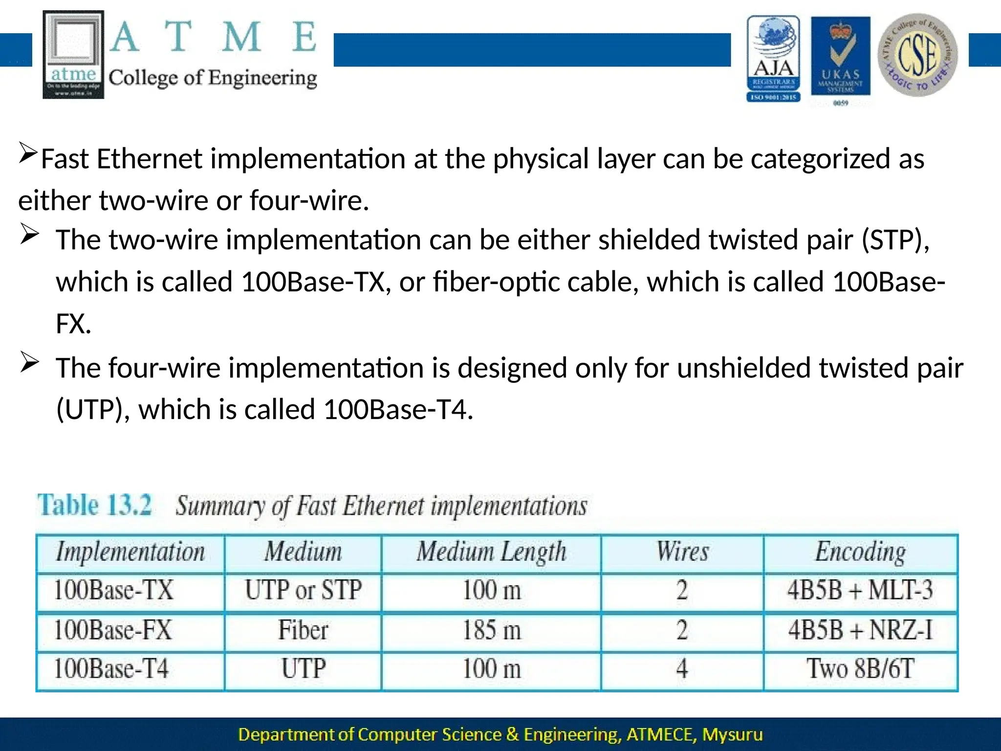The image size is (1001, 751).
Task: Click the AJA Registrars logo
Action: (x=773, y=59)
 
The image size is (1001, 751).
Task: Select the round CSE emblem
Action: (x=917, y=55)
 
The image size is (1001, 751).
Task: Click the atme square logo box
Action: (x=73, y=55)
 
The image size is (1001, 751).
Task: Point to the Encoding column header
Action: (x=860, y=552)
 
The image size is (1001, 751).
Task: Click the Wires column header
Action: (x=682, y=552)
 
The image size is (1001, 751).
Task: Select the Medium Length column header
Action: (x=491, y=552)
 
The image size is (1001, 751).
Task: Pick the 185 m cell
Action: (x=491, y=630)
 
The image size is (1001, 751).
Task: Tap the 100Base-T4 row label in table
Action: (x=111, y=669)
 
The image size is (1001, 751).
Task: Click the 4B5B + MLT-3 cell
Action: (x=860, y=590)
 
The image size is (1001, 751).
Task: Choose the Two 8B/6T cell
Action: (x=860, y=669)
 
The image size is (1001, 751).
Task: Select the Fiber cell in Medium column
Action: (x=303, y=630)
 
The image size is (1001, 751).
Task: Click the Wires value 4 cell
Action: (x=682, y=669)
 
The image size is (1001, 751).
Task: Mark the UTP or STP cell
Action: (x=303, y=590)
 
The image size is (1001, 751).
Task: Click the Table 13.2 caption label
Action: (x=95, y=505)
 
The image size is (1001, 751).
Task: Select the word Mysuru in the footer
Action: (x=732, y=734)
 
